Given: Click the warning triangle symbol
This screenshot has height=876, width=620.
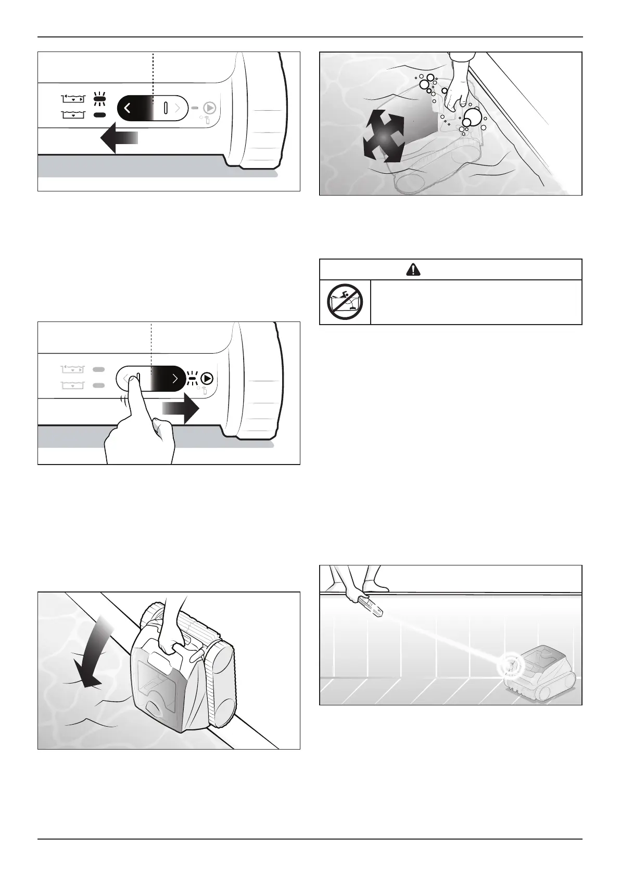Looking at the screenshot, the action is tap(412, 269).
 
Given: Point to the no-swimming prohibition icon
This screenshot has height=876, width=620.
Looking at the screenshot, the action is tap(345, 302).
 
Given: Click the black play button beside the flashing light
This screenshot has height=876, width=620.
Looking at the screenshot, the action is tap(208, 378).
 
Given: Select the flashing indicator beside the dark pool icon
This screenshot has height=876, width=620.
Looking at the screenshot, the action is tap(100, 97).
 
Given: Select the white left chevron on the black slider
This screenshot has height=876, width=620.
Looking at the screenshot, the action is tap(128, 108).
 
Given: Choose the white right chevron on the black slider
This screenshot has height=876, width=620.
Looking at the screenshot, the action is tap(175, 378).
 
